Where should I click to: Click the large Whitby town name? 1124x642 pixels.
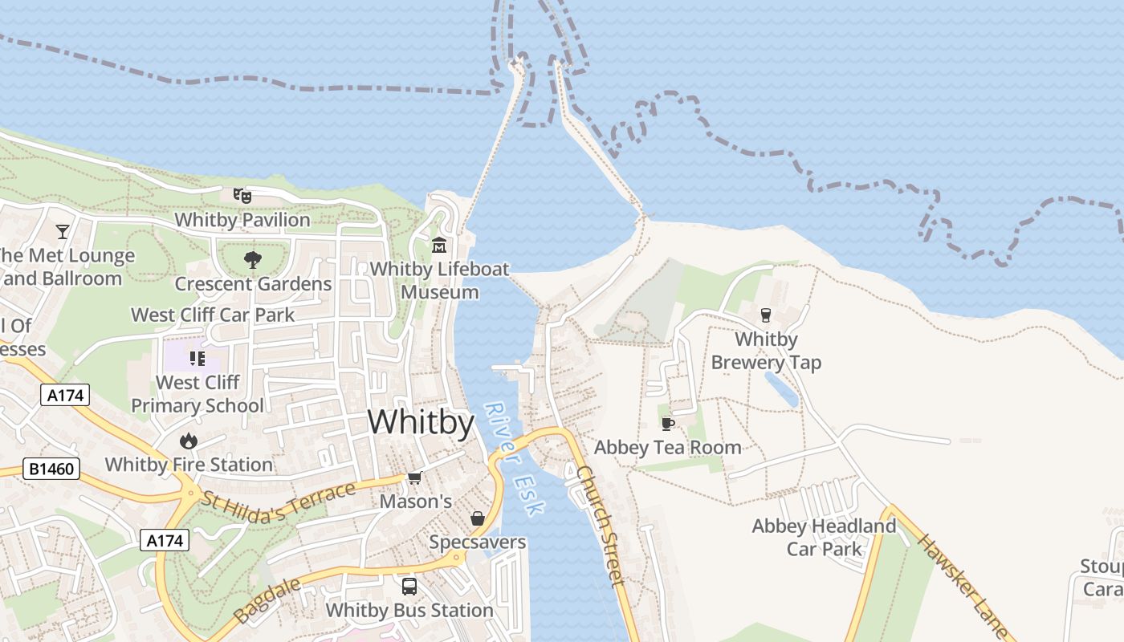pyautogui.click(x=421, y=422)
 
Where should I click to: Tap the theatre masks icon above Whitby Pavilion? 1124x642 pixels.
pyautogui.click(x=242, y=195)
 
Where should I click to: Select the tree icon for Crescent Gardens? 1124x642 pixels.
pyautogui.click(x=253, y=259)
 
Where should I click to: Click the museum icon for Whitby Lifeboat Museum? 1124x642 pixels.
pyautogui.click(x=439, y=245)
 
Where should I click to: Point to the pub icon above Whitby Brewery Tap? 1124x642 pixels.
pyautogui.click(x=765, y=315)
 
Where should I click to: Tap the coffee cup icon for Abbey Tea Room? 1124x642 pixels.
pyautogui.click(x=667, y=423)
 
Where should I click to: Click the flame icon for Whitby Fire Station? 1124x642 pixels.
pyautogui.click(x=189, y=441)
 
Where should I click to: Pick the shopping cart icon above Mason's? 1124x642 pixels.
pyautogui.click(x=414, y=478)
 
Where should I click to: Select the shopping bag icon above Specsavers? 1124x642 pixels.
pyautogui.click(x=477, y=518)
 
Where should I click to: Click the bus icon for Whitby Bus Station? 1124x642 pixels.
pyautogui.click(x=409, y=587)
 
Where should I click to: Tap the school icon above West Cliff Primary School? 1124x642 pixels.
pyautogui.click(x=197, y=358)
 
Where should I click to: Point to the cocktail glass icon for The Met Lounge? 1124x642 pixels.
pyautogui.click(x=63, y=232)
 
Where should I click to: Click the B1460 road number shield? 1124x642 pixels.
pyautogui.click(x=51, y=469)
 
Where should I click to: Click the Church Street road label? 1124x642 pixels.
pyautogui.click(x=601, y=525)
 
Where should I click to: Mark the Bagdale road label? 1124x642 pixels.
pyautogui.click(x=268, y=600)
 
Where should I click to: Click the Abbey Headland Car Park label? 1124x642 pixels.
pyautogui.click(x=824, y=538)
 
